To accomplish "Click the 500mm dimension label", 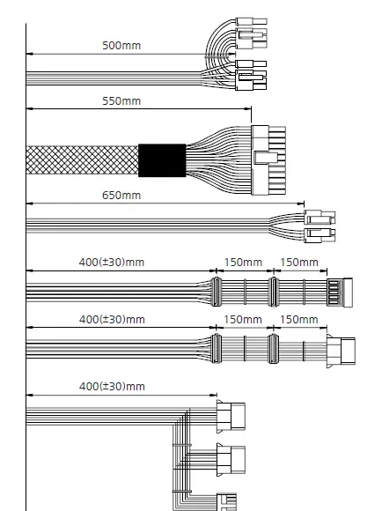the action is click(x=121, y=45).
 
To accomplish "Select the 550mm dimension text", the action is click(x=121, y=101).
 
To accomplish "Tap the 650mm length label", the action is click(x=121, y=196).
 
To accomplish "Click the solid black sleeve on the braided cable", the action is click(x=162, y=160).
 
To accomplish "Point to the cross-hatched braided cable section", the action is click(x=82, y=160).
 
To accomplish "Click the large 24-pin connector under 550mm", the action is click(x=268, y=160).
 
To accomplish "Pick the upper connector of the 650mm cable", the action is click(x=320, y=217).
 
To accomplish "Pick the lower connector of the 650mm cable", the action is click(x=320, y=235).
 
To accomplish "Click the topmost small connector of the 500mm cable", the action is click(x=251, y=21).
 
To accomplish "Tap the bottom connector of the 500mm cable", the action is click(x=251, y=80).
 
